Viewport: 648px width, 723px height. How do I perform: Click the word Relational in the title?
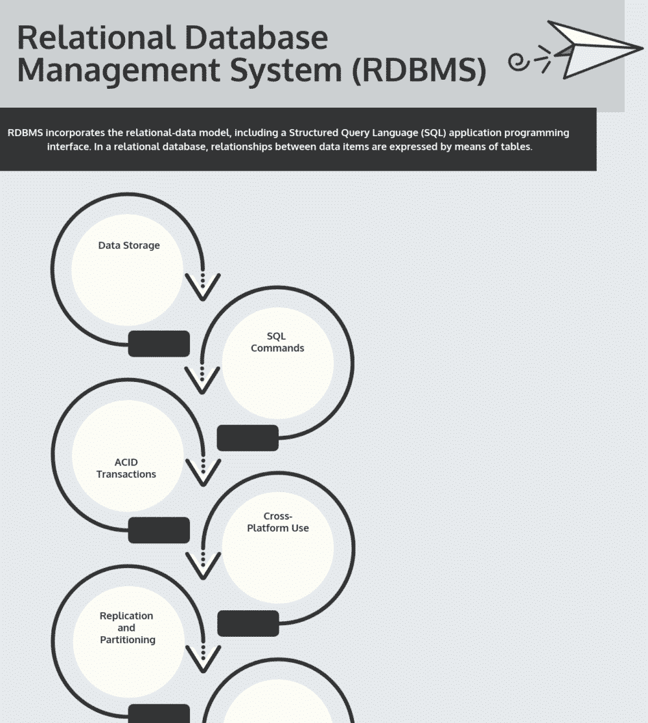pos(91,38)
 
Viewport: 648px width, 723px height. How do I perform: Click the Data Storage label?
pos(128,245)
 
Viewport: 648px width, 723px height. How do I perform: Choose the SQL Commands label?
pos(277,342)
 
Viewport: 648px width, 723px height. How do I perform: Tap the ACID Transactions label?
pos(126,468)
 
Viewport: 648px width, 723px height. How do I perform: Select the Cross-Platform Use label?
pos(277,522)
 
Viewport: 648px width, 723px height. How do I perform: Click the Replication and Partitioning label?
pos(127,628)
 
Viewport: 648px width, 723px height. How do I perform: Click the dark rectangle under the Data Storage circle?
pos(159,344)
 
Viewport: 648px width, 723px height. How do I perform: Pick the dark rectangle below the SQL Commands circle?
pos(248,438)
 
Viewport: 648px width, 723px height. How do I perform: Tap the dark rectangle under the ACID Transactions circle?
pos(159,530)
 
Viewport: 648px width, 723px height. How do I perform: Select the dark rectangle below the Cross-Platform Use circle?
pos(248,624)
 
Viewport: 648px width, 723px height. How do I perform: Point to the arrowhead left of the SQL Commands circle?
pos(202,381)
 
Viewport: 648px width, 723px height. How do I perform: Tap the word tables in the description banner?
pos(516,147)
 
